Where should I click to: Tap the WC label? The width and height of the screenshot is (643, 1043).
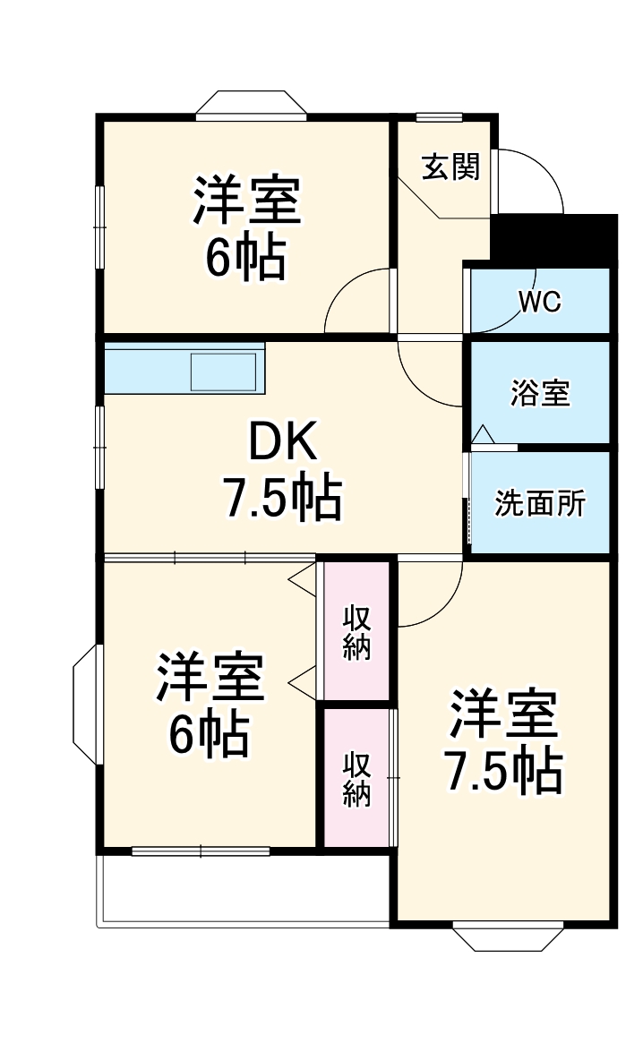[x=540, y=302]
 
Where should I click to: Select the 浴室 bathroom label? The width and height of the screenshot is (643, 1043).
[x=540, y=393]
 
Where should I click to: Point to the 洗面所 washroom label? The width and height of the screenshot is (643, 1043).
[x=540, y=503]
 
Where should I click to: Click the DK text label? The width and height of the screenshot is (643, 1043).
[x=282, y=440]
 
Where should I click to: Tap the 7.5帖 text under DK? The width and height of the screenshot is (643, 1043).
[x=282, y=499]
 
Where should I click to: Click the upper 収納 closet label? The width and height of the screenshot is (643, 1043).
[x=356, y=632]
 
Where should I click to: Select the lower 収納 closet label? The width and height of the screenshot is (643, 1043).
[x=356, y=779]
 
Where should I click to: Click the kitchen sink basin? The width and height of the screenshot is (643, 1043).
[x=224, y=372]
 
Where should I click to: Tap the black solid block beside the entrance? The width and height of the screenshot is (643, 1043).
[x=555, y=237]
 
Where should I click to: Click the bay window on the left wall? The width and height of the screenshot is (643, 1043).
[x=86, y=706]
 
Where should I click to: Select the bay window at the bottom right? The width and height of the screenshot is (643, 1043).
[x=508, y=936]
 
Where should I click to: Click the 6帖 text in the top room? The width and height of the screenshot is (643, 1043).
[x=245, y=259]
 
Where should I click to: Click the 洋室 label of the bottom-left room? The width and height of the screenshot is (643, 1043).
[x=211, y=679]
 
